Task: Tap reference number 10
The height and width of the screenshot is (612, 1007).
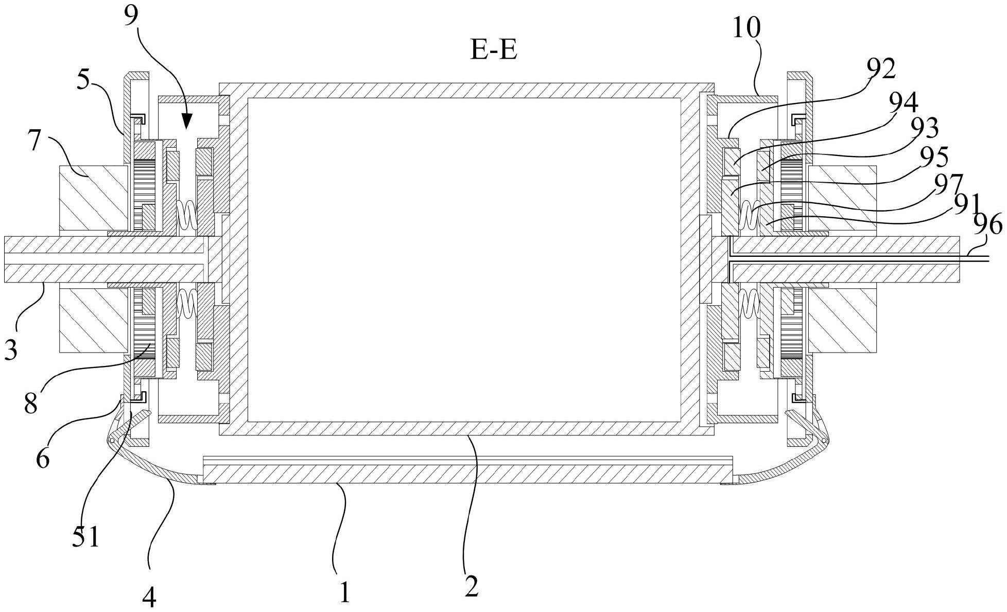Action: pos(746,29)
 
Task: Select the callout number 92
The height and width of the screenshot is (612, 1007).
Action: pos(881,69)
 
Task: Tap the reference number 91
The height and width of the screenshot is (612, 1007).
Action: pos(966,204)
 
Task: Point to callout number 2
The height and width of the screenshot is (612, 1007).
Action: pos(471,586)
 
